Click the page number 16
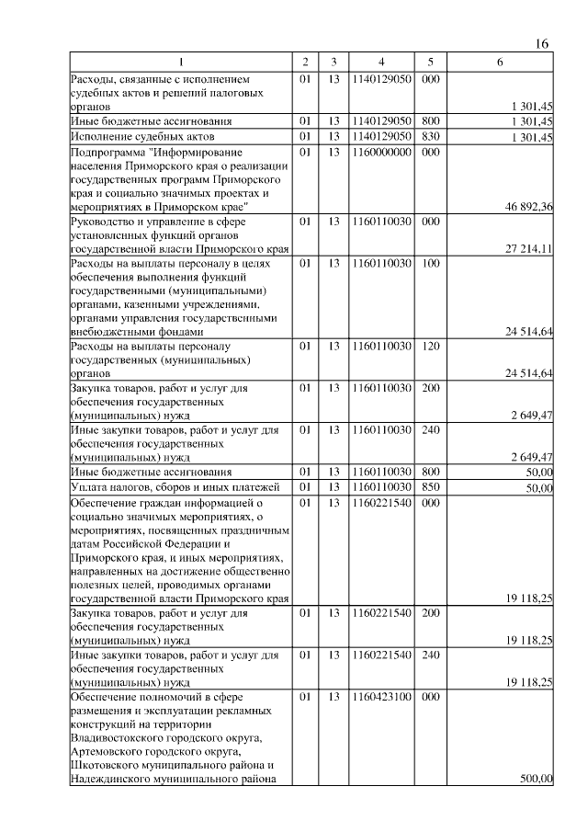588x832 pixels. (541, 45)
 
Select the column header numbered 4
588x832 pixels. (380, 63)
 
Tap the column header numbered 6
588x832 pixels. (499, 63)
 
